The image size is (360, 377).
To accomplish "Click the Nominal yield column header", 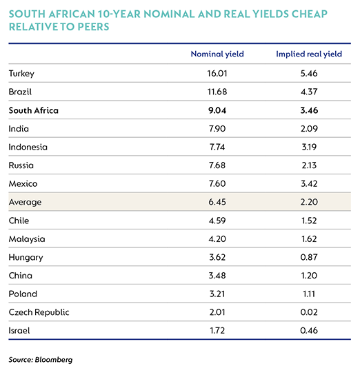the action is point(217,54).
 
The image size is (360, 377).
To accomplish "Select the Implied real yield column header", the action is point(309,54).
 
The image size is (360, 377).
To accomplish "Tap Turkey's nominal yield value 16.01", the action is point(217,73).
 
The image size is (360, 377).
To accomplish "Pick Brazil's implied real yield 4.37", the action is point(309,92).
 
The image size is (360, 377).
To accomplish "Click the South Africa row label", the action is point(34,110).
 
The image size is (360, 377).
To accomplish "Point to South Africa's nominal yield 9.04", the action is point(217,110).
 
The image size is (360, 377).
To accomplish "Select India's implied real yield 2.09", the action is point(309,129).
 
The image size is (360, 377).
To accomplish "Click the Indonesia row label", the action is point(28,147).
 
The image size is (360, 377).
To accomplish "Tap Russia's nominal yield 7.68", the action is point(217,165).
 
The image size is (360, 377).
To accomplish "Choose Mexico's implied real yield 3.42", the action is point(309,184).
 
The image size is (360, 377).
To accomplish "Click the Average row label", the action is point(25,203).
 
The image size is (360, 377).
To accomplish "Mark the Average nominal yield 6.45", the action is point(217,202).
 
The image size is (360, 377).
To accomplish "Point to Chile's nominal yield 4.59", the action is point(217,221).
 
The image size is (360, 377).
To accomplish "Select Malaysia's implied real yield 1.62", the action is point(309,239).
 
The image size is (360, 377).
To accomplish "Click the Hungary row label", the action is point(26,258).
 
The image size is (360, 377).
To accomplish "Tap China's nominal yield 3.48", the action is point(217,276).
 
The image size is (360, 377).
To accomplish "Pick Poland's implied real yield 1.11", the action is point(309,294).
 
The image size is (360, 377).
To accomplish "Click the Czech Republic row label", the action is point(39,312).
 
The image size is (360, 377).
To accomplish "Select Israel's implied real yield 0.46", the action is point(309,331).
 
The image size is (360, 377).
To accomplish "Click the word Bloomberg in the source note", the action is point(54,360).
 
